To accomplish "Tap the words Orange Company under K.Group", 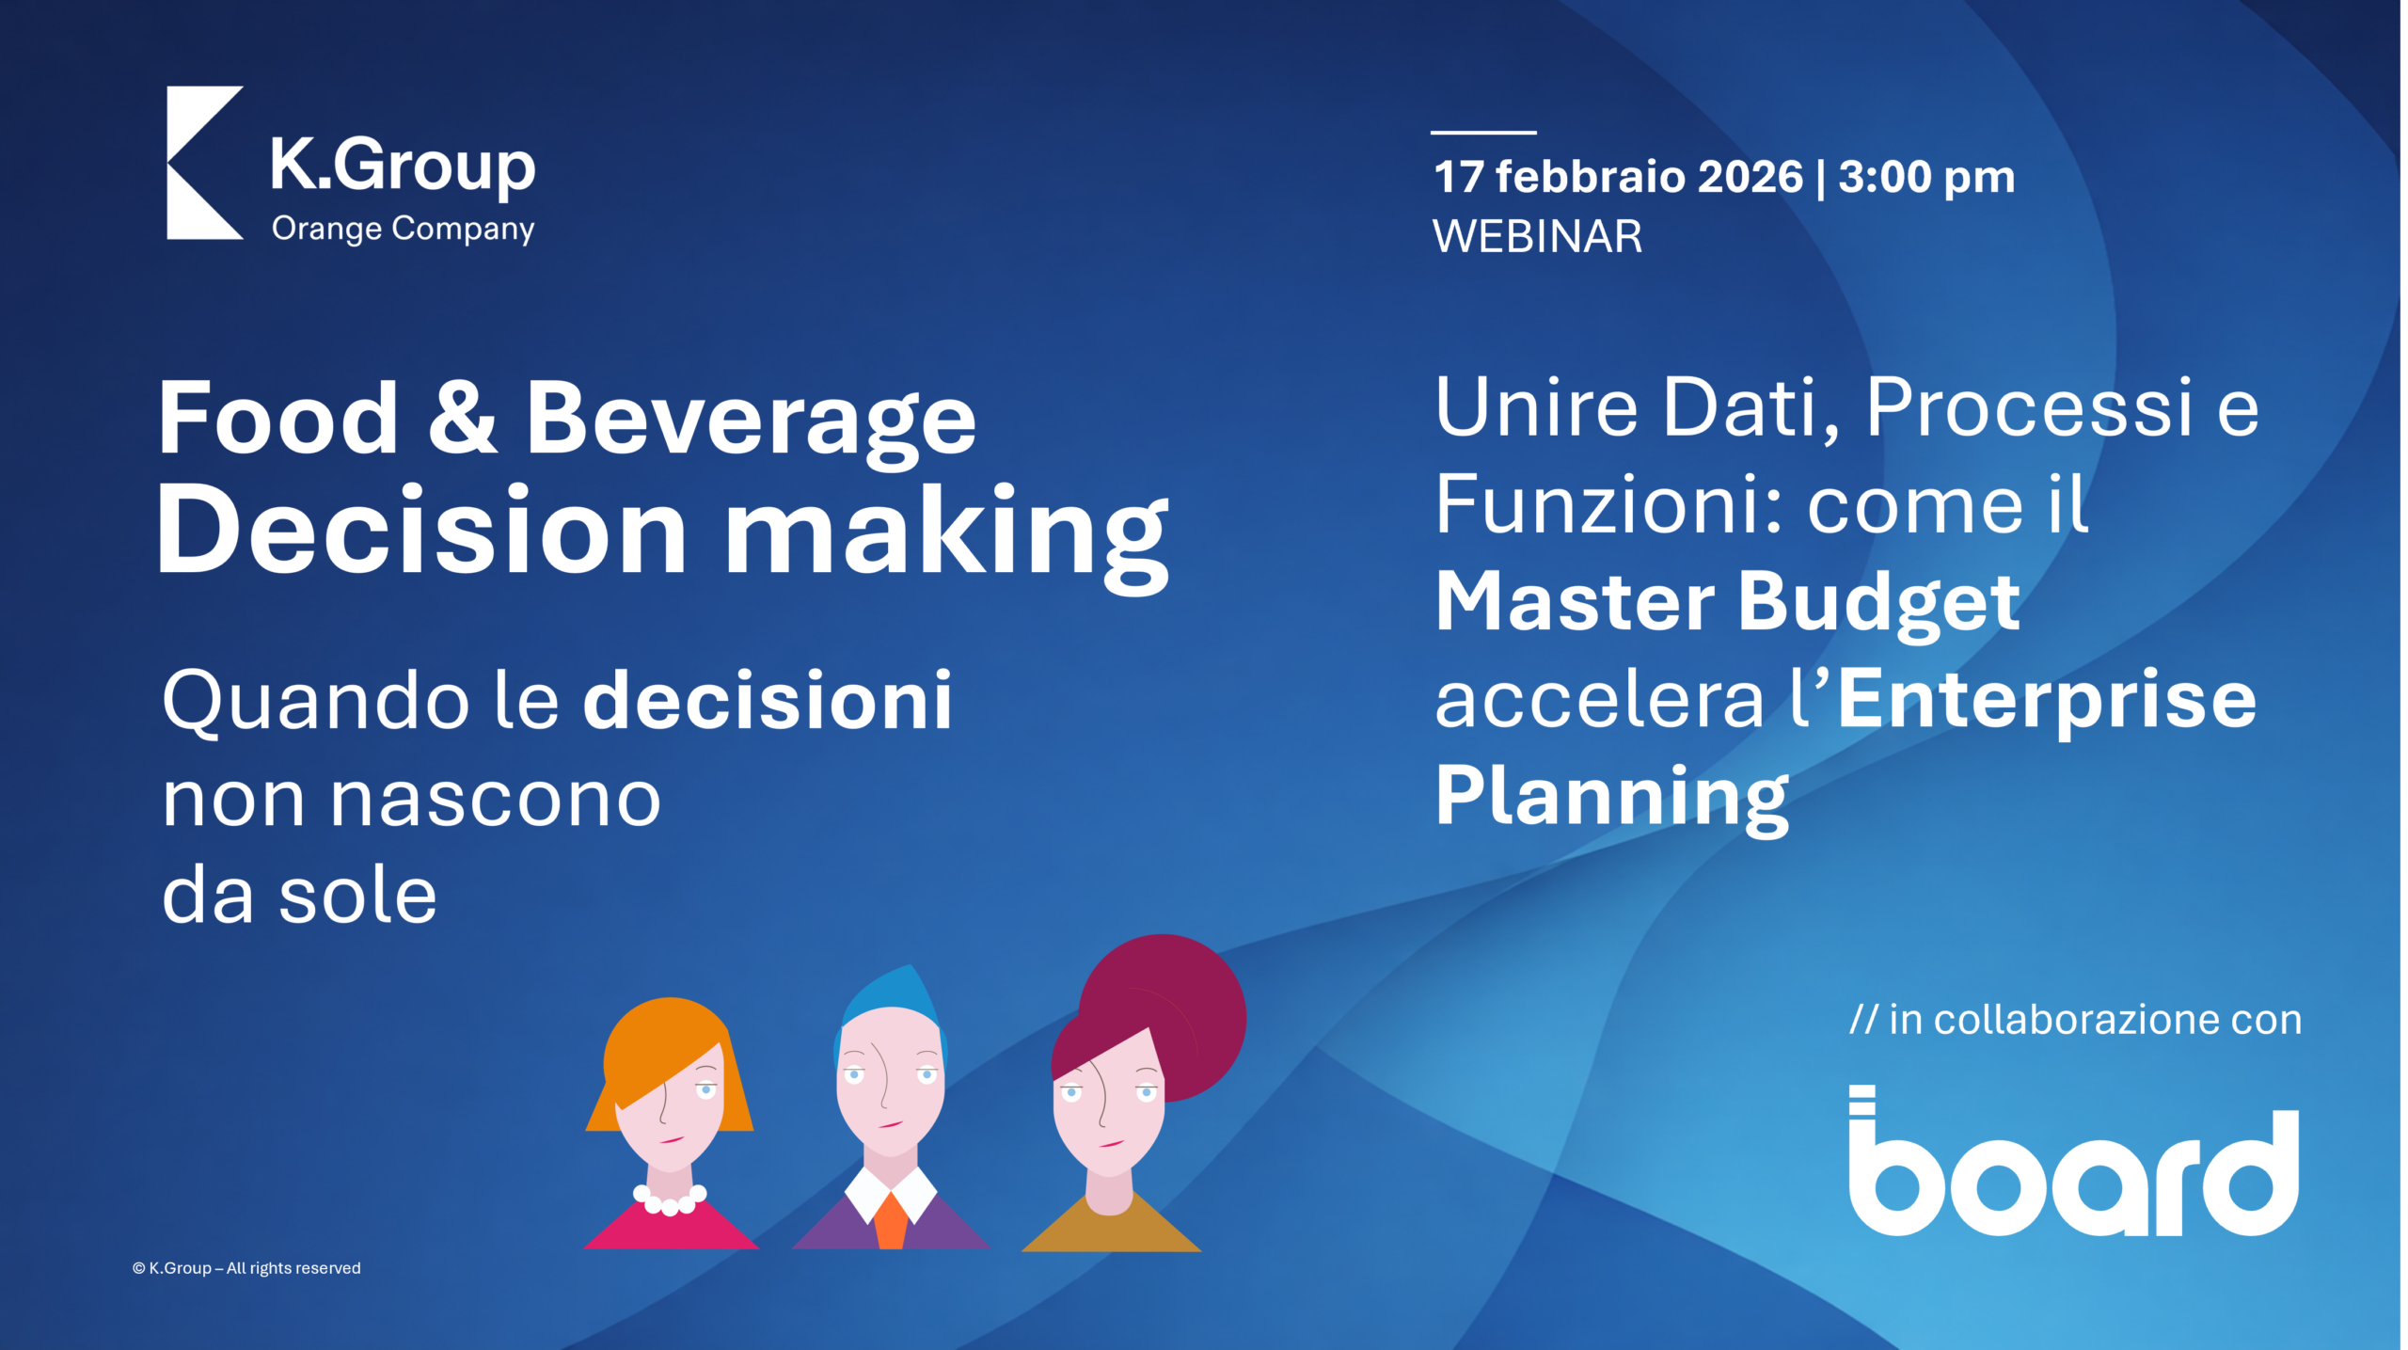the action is coord(403,230).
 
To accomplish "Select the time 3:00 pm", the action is coord(1926,178).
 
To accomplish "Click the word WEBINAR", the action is coord(1537,235).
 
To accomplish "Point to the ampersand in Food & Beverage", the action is coord(462,417).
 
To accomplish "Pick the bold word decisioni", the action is coord(768,700).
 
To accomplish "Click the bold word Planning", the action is coord(1611,798).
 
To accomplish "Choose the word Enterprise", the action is coord(2047,701).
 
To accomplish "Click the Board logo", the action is coord(2074,1160).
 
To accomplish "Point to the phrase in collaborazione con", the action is coord(2095,1020).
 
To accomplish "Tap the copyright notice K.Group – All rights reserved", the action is coord(246,1268).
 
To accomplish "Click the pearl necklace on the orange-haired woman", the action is coord(670,1199).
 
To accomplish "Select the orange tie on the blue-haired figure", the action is coord(891,1220).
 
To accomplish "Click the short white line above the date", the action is coord(1483,133).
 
